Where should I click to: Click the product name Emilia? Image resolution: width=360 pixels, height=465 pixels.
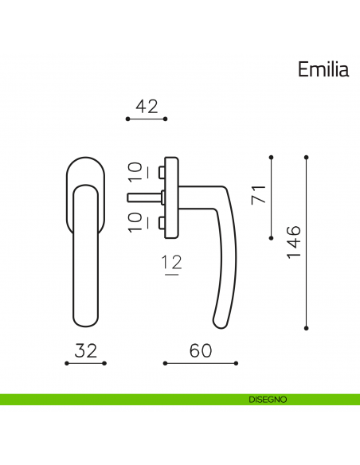[323, 70]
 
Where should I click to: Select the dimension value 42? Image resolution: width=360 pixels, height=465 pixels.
[147, 106]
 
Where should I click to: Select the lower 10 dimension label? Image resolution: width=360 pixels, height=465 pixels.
[135, 221]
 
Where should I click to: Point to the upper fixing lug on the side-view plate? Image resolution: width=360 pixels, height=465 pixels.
[162, 171]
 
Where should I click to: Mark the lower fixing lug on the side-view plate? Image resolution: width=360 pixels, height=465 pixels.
[162, 221]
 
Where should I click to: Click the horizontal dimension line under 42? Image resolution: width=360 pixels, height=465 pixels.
[147, 119]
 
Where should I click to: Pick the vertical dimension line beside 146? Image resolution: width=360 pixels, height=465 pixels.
[307, 242]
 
